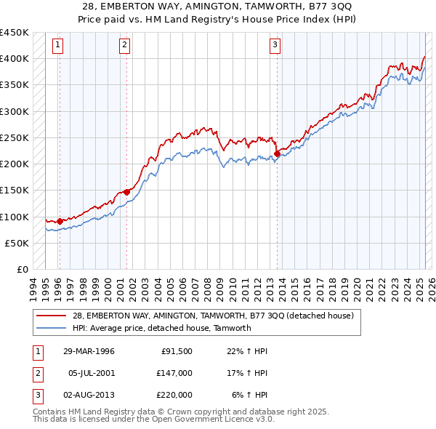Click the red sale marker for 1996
pos(60,221)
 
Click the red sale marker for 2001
pos(126,191)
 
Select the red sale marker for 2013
pos(278,153)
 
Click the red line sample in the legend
pos(52,316)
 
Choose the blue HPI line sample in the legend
pos(52,328)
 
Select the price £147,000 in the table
pos(175,372)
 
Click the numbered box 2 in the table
pos(37,373)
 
